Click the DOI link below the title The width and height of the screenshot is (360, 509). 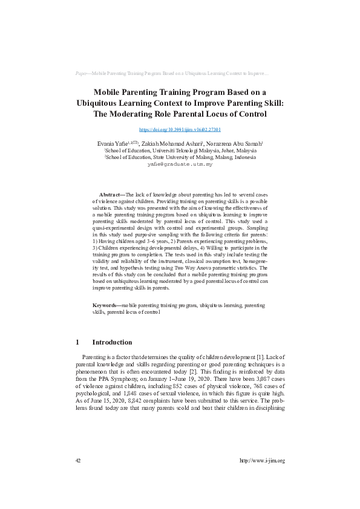[x=180, y=129]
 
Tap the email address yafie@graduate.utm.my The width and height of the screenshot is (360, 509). [x=180, y=164]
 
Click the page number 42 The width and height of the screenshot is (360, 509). [x=78, y=461]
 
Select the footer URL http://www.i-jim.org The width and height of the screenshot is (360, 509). [x=262, y=461]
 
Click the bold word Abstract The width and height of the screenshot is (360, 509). [x=110, y=194]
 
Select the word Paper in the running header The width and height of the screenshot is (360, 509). [x=82, y=73]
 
